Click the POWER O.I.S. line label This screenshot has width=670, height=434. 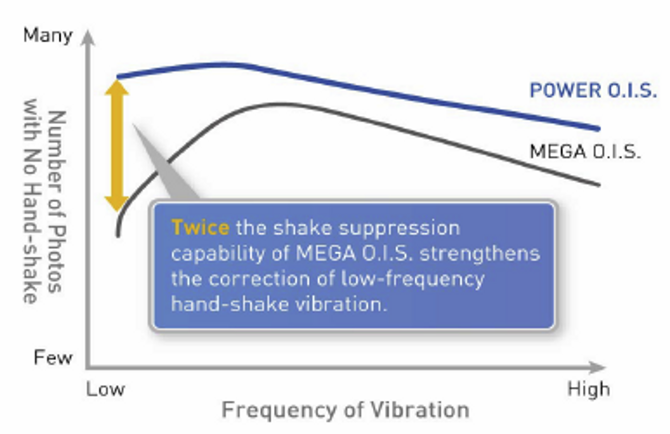coord(593,90)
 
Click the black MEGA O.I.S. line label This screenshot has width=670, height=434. coord(585,151)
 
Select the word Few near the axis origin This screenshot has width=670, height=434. coord(53,357)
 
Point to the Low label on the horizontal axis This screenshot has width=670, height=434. coord(105,389)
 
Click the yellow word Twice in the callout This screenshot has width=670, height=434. coord(200,228)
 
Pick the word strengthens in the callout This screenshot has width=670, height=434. coord(480,253)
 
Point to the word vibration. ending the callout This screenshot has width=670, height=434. coord(341,304)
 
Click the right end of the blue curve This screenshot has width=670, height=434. coord(599,129)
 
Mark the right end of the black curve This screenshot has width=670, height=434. coord(599,184)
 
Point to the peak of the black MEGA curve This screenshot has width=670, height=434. coord(281,105)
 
